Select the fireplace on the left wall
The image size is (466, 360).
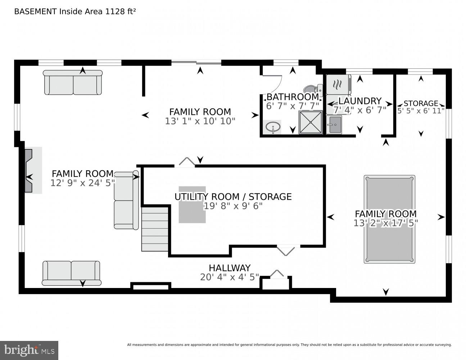coord(29,170)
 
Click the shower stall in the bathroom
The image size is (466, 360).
coord(310,122)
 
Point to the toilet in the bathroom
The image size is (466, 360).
coord(313,89)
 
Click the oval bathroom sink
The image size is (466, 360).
coord(272,127)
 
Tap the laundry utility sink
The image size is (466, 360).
coord(334,125)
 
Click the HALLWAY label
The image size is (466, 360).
coord(230,268)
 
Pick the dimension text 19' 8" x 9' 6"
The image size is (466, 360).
coord(233,206)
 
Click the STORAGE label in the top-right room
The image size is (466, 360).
coord(421,103)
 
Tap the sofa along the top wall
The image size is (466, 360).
coord(73,83)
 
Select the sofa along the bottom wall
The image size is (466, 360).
coord(71,273)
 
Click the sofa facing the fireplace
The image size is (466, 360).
coord(126,201)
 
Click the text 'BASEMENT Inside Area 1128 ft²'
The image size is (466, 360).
coord(75,11)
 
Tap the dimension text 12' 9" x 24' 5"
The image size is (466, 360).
coord(82,183)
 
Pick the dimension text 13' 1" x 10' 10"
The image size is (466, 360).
coord(200,121)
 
